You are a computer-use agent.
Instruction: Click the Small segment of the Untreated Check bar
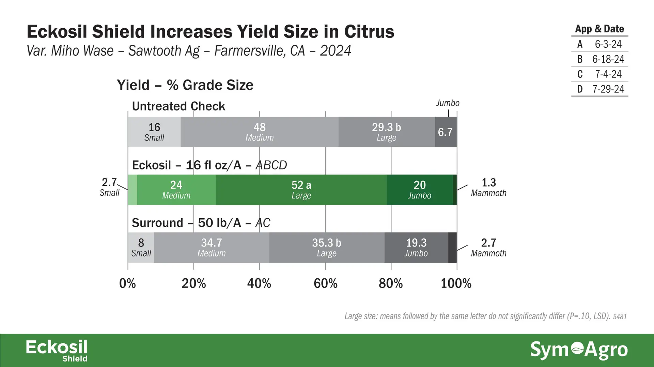[154, 132]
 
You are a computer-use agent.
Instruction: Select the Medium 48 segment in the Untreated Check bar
[260, 132]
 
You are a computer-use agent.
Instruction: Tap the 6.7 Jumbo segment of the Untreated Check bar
[446, 132]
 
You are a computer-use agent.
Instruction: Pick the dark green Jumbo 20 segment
[420, 190]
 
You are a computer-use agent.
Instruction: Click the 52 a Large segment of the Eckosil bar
[301, 190]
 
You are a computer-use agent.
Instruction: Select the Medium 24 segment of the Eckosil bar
[176, 190]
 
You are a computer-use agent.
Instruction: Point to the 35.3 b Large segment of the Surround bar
[327, 247]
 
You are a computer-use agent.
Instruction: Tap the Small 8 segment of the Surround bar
[141, 247]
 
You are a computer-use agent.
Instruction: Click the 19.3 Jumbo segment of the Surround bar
[417, 247]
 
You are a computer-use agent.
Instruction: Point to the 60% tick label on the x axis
[325, 283]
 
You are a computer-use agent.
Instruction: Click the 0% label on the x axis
[127, 283]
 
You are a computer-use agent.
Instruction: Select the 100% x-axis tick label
[456, 283]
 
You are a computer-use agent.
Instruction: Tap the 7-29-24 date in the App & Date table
[608, 89]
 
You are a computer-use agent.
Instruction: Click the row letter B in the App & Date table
[580, 59]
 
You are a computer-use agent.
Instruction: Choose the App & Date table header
[599, 29]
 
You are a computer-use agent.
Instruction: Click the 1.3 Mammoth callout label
[488, 187]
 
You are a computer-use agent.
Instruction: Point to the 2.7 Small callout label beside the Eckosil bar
[109, 187]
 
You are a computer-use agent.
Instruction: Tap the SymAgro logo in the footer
[579, 350]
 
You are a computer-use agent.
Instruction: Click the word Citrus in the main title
[369, 31]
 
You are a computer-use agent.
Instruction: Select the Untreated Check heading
[178, 106]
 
